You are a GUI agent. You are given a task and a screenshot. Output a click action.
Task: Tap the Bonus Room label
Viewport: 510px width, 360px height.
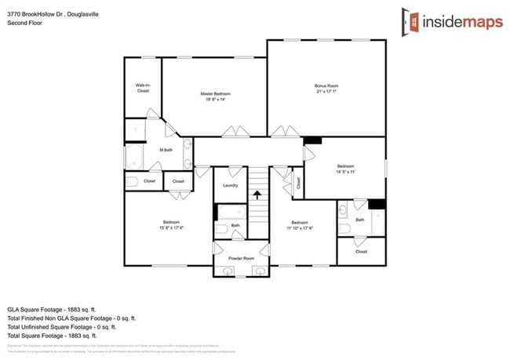coord(326,88)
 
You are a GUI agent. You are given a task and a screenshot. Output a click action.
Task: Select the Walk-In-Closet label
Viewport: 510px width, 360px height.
coord(143,89)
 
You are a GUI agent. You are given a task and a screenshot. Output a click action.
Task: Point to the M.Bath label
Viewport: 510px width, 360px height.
coord(166,150)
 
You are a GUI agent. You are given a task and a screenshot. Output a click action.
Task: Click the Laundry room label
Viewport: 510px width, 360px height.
coord(230,186)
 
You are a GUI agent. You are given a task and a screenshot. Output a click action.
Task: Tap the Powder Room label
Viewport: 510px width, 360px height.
coord(241,258)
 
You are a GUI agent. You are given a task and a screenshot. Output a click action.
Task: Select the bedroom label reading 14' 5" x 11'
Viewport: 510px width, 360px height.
coord(346,169)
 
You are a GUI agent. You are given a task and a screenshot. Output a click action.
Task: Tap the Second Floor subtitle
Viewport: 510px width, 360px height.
coord(24,24)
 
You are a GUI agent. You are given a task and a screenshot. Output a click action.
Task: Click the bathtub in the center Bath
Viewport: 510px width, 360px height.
coord(231,212)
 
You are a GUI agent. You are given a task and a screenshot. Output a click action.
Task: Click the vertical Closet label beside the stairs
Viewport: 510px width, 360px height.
coord(298,183)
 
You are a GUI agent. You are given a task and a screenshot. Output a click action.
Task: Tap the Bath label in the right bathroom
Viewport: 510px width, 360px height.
coord(359,220)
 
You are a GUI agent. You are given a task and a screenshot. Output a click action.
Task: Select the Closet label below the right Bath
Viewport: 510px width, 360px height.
coord(361,252)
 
